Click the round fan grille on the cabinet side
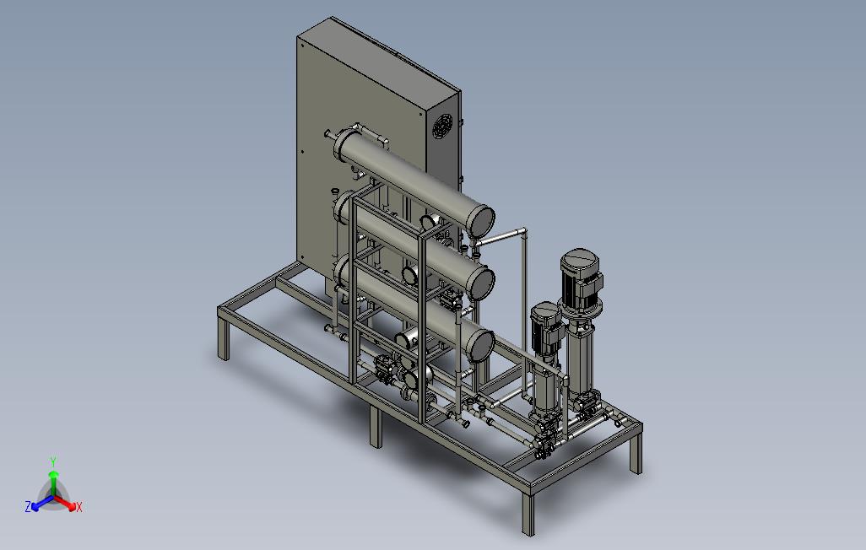(441, 126)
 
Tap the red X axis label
(79, 507)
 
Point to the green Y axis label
(53, 461)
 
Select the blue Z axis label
(28, 506)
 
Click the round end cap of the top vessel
(480, 220)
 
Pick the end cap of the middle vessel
(481, 283)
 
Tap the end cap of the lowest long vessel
(480, 346)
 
